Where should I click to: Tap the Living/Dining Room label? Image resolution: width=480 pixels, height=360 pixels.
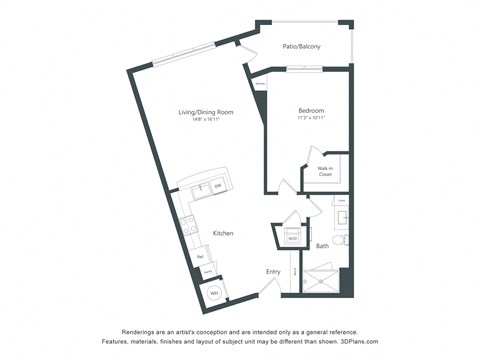pyautogui.click(x=204, y=113)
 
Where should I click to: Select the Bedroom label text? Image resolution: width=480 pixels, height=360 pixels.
pyautogui.click(x=310, y=110)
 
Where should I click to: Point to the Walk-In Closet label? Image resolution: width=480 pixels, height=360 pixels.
pyautogui.click(x=326, y=171)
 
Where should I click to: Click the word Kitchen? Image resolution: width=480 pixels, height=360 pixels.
pyautogui.click(x=223, y=233)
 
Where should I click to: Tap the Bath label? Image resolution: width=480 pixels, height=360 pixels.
pyautogui.click(x=322, y=245)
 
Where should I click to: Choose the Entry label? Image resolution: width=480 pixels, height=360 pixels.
pyautogui.click(x=273, y=271)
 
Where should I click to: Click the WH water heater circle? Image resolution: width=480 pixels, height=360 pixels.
pyautogui.click(x=212, y=293)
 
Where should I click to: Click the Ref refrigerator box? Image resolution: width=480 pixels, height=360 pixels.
pyautogui.click(x=201, y=257)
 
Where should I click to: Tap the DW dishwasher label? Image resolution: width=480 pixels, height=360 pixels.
pyautogui.click(x=217, y=187)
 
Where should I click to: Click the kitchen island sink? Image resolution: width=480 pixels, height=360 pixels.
pyautogui.click(x=200, y=187)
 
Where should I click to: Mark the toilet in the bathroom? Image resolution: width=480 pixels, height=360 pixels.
pyautogui.click(x=339, y=240)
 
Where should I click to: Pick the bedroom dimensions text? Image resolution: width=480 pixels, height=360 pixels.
pyautogui.click(x=310, y=118)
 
